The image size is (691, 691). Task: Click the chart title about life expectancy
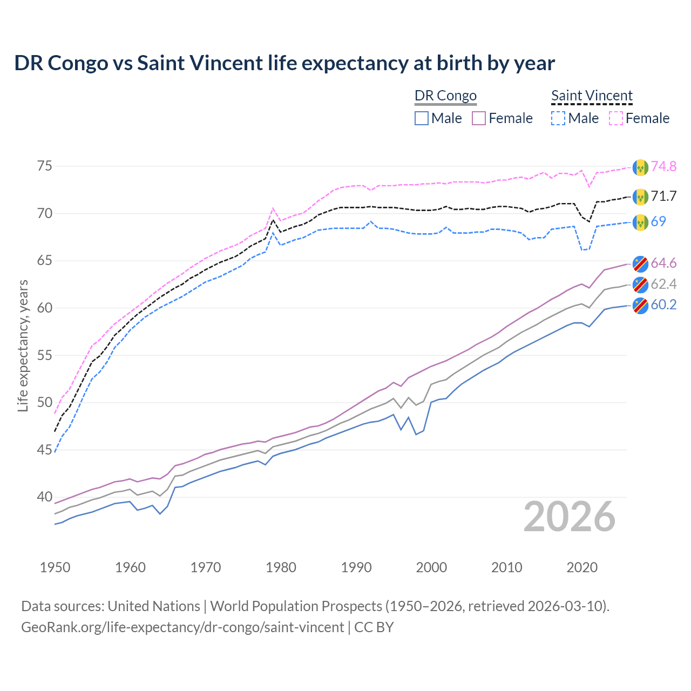click(x=284, y=63)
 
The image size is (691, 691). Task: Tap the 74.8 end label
click(x=663, y=166)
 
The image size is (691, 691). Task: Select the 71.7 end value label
click(x=663, y=196)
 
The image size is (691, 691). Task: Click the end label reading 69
click(x=658, y=221)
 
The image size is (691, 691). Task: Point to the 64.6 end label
click(x=663, y=263)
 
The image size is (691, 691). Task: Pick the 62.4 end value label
click(x=663, y=284)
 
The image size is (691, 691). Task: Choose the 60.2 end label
click(x=663, y=304)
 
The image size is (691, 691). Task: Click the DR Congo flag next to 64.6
click(x=640, y=263)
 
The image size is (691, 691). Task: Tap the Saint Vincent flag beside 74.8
click(x=640, y=167)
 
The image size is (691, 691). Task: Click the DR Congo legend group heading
click(x=445, y=96)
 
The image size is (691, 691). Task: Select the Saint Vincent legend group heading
click(x=592, y=96)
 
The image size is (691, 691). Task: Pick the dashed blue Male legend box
click(x=558, y=118)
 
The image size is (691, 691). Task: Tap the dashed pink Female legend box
click(x=616, y=118)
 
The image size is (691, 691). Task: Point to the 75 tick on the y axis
click(x=45, y=166)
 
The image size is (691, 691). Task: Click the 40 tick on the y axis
click(x=45, y=497)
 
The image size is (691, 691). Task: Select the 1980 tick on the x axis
click(x=281, y=567)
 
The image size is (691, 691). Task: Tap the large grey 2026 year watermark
click(x=570, y=517)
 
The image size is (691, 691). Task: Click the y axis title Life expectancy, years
click(x=23, y=345)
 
